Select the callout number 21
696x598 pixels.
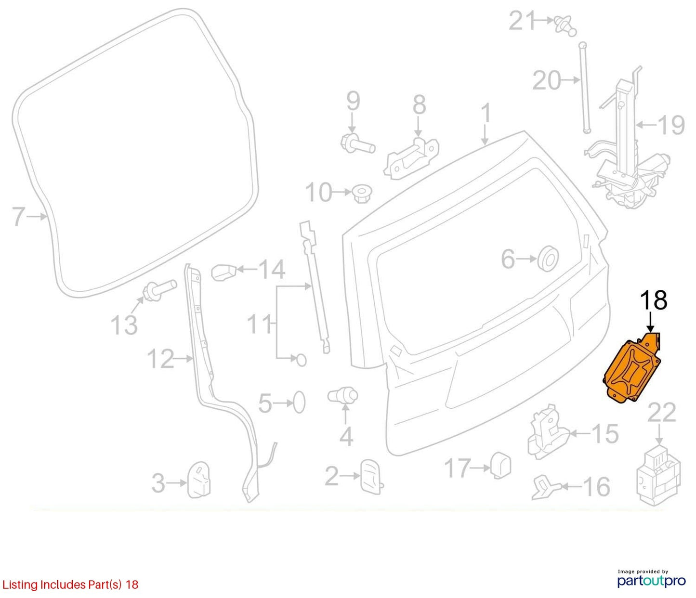point(522,21)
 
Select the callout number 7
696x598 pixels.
point(19,217)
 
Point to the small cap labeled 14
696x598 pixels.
point(223,272)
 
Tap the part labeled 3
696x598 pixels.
point(199,480)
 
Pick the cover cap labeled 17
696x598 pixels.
point(501,466)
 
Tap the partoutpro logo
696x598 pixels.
point(652,581)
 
